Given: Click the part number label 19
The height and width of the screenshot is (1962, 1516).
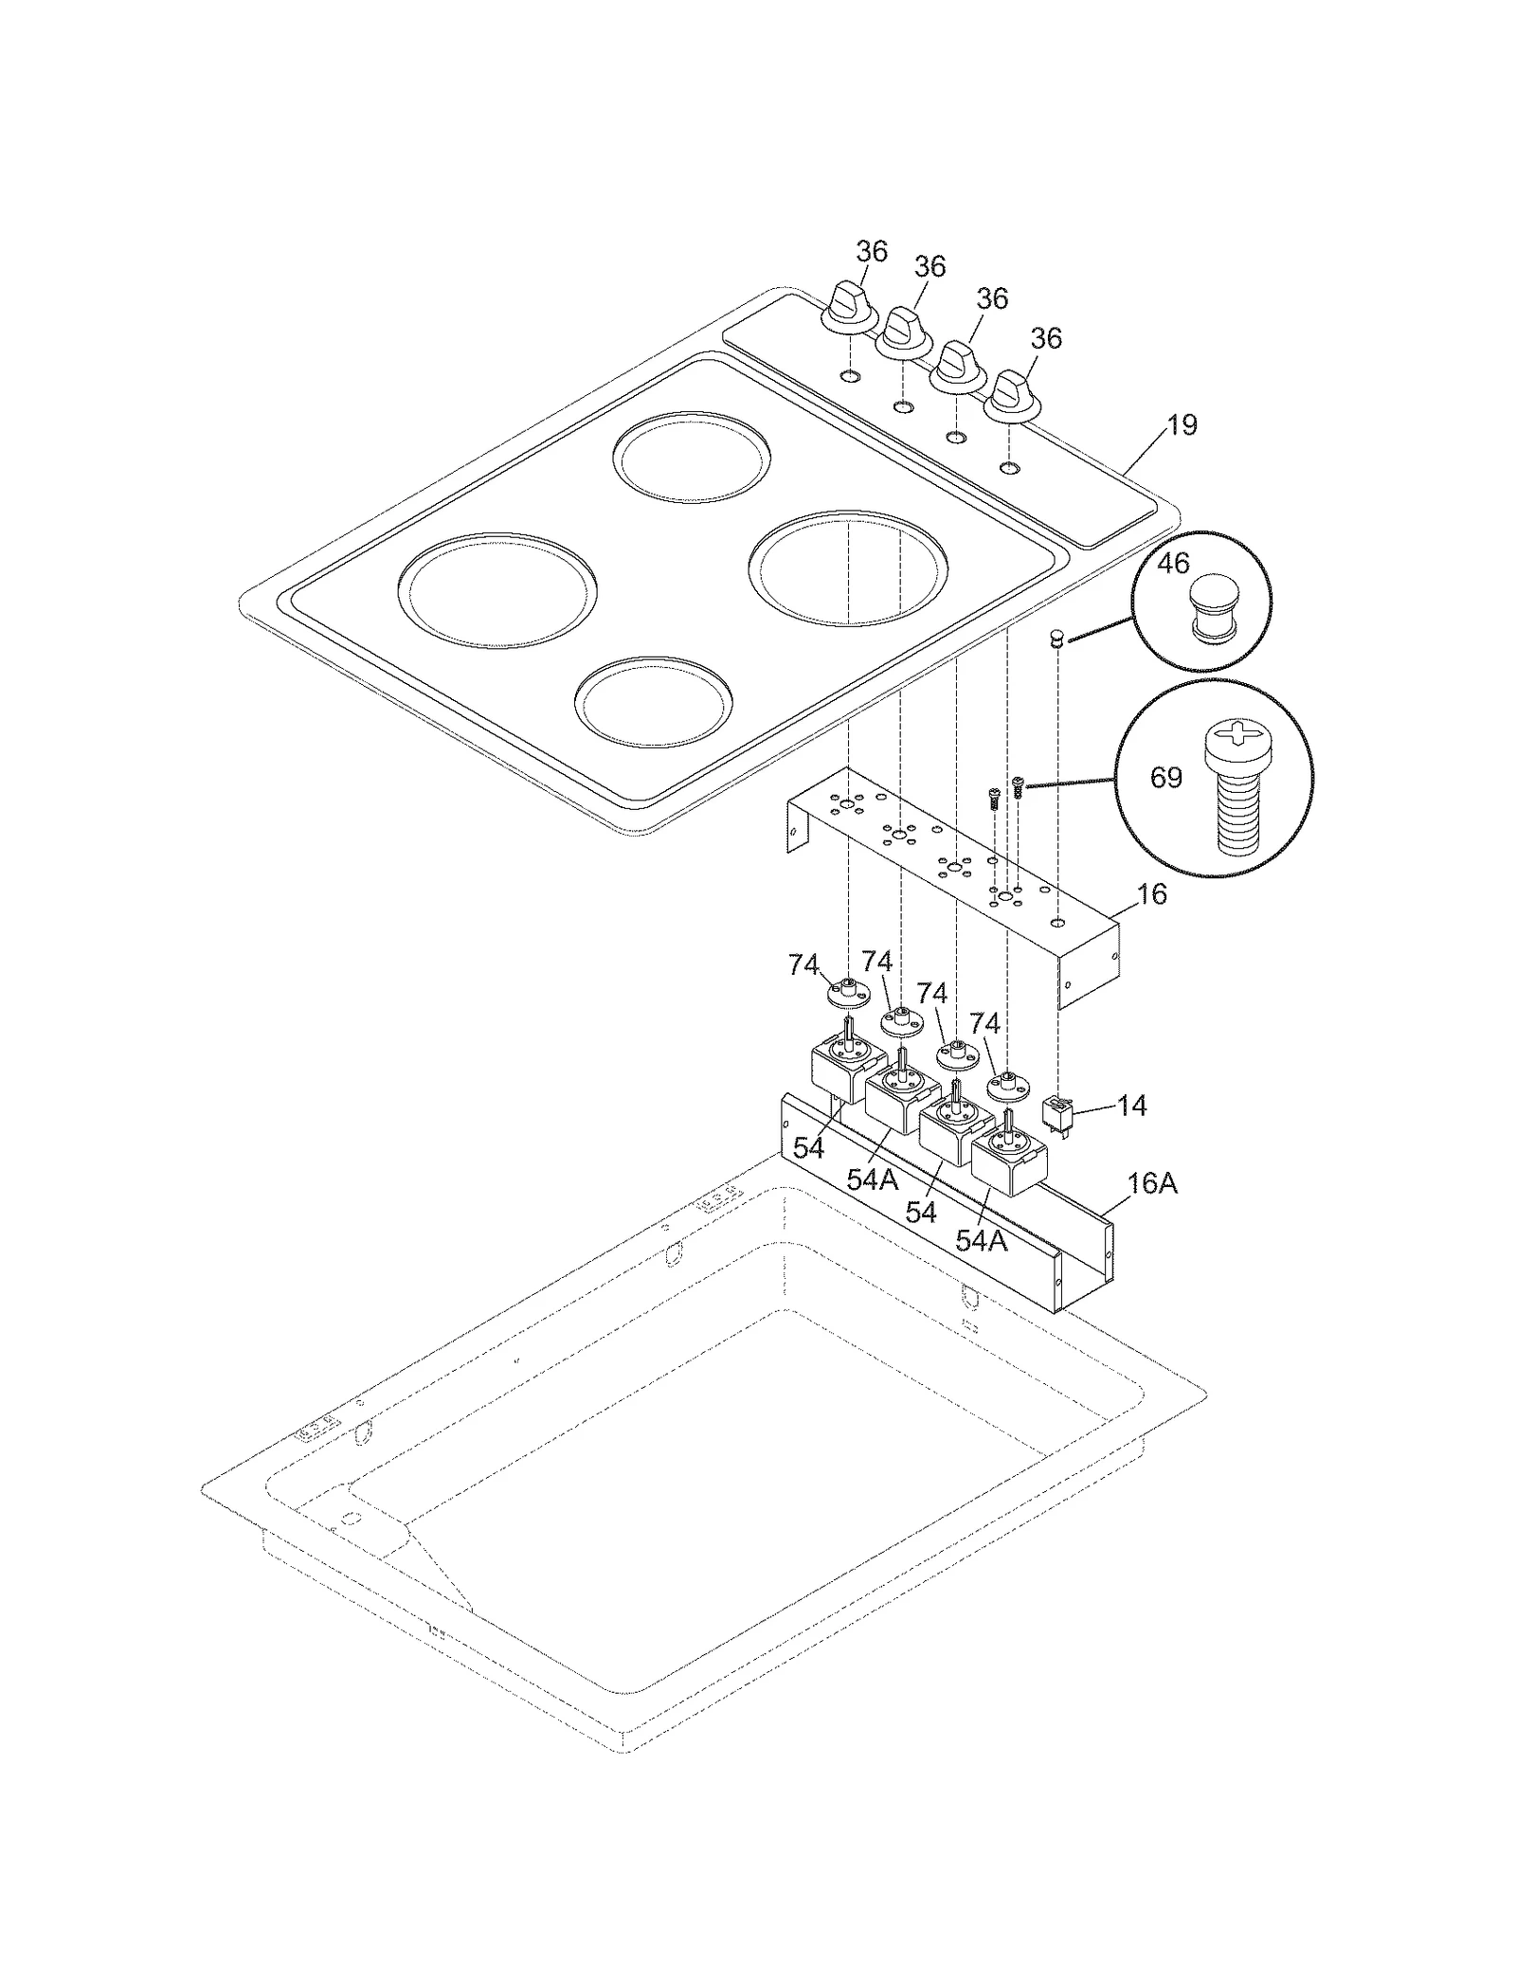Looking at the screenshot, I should pos(1181,424).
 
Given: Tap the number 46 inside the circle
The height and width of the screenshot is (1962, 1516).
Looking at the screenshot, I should pos(1173,563).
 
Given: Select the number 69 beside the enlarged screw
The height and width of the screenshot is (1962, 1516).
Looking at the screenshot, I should pos(1165,778).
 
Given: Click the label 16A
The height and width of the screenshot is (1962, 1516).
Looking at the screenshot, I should pos(1152,1183).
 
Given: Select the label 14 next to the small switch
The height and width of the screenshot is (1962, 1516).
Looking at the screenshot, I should pos(1131,1106).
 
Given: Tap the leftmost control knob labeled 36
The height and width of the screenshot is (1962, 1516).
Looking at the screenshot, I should pos(849,308).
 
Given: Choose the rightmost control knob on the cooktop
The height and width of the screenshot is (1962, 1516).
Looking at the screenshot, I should pos(1014,394).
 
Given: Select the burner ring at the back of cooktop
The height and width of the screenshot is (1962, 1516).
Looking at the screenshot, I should pos(691,459).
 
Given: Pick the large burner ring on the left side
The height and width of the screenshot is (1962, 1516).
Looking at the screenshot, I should pos(497,589).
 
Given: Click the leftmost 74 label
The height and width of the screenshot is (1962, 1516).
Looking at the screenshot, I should pos(803,964).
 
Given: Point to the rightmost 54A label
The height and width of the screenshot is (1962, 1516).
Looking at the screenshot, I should pos(981,1240).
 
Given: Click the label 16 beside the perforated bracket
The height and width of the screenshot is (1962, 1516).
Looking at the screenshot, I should pos(1151,893).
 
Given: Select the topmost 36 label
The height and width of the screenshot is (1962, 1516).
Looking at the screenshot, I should pos(872,251).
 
